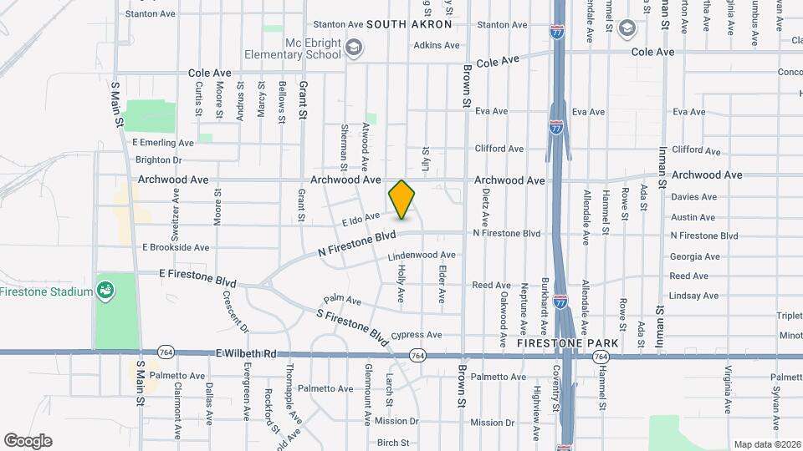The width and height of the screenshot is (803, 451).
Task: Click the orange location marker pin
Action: (x=402, y=200)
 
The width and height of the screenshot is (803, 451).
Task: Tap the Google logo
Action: (x=28, y=441)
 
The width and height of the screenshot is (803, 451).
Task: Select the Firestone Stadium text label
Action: (x=46, y=291)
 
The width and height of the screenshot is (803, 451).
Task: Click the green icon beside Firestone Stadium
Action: (x=105, y=291)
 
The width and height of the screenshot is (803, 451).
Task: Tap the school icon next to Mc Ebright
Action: (x=354, y=47)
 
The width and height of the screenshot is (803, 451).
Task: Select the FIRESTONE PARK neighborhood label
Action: (x=567, y=343)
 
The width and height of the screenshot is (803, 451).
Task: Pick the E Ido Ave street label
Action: (x=361, y=219)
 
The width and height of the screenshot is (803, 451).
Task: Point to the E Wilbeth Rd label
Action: (x=245, y=354)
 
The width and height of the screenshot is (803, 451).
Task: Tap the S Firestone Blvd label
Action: (x=352, y=327)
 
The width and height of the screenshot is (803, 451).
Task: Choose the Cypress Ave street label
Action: (x=422, y=335)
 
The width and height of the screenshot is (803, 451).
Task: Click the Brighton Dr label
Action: (x=158, y=160)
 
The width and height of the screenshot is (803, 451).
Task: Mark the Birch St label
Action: (x=393, y=443)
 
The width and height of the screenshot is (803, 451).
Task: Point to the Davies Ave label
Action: (x=694, y=197)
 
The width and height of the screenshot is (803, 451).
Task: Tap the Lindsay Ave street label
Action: (x=693, y=296)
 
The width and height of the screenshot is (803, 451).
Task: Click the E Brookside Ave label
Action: (x=176, y=247)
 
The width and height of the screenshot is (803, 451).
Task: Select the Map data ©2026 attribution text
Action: (x=766, y=444)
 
